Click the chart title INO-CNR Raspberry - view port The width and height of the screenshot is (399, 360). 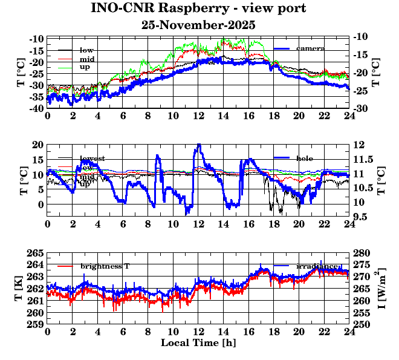[x=198, y=8]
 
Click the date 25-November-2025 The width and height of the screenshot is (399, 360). [x=198, y=25]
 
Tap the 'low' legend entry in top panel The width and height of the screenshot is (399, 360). [x=86, y=50]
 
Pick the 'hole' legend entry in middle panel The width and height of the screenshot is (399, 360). [x=305, y=158]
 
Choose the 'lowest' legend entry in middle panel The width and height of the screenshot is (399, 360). [x=92, y=159]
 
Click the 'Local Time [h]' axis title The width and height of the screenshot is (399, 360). [x=198, y=343]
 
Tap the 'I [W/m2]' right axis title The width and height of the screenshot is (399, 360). [x=382, y=288]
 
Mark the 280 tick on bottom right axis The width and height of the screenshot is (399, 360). [x=361, y=253]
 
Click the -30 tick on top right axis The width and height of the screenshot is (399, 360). [x=361, y=108]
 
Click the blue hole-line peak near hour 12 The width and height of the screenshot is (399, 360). [x=198, y=145]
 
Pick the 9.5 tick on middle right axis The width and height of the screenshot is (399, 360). [x=361, y=216]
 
